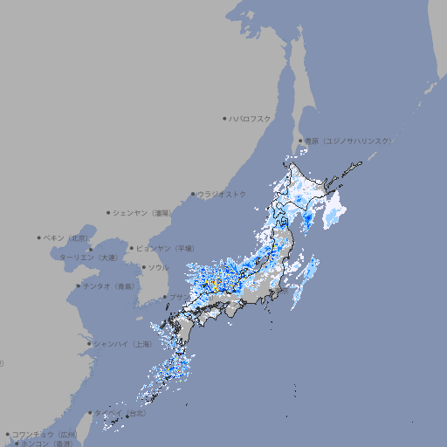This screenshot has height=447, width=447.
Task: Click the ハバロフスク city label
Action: (251, 118)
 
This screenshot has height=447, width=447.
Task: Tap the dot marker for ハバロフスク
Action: (224, 118)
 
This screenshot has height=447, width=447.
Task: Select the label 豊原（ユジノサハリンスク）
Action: (348, 141)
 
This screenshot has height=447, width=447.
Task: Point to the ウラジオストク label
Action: (222, 194)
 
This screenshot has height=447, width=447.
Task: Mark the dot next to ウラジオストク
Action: (193, 194)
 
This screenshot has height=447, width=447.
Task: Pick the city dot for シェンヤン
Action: (108, 212)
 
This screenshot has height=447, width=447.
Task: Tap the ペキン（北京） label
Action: (67, 237)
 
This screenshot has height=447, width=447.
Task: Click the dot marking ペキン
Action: (39, 237)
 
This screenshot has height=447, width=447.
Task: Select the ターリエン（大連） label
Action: (87, 258)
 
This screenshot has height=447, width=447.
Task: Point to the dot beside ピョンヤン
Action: (133, 249)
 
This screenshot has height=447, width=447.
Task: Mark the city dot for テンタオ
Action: (78, 286)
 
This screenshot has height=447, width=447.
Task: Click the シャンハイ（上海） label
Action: (122, 344)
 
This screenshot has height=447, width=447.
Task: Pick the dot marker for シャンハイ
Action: (89, 344)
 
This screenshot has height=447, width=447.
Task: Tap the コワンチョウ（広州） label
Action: (44, 434)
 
